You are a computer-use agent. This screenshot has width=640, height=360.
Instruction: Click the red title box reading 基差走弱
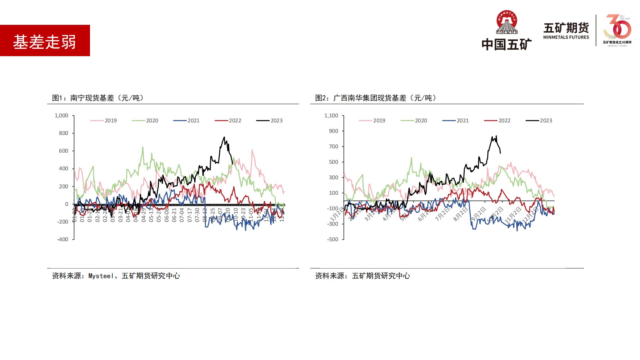click(x=45, y=41)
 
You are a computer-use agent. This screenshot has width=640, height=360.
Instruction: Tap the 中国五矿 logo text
click(x=506, y=45)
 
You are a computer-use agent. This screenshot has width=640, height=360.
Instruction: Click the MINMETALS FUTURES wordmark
click(x=566, y=37)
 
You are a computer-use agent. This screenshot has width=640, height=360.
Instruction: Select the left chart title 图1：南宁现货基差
click(x=98, y=98)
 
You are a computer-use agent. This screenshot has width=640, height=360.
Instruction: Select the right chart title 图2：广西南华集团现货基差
click(x=375, y=98)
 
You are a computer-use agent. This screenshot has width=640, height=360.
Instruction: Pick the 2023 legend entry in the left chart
click(x=270, y=121)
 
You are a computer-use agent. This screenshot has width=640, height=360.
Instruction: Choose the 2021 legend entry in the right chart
click(x=456, y=121)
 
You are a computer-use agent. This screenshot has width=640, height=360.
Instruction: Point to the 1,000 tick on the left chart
click(x=61, y=116)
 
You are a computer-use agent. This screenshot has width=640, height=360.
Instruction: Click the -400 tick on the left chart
click(x=63, y=239)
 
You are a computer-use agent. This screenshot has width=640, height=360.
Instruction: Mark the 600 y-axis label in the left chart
click(x=64, y=151)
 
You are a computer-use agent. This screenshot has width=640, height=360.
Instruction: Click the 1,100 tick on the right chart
click(x=331, y=116)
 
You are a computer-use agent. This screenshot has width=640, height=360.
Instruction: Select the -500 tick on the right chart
click(x=333, y=239)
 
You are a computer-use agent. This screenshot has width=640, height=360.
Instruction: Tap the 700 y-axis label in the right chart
click(x=334, y=147)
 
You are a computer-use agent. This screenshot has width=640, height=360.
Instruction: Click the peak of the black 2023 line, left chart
click(x=224, y=137)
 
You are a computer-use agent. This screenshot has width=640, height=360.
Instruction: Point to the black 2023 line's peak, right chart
click(x=496, y=136)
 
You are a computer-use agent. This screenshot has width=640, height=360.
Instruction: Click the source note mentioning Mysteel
click(x=116, y=276)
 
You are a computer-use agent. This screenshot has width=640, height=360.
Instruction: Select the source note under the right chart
click(x=362, y=276)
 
